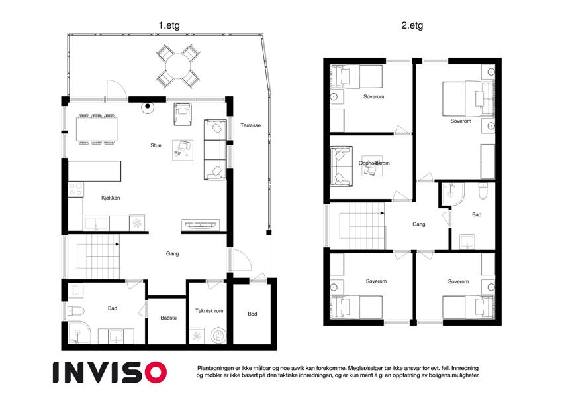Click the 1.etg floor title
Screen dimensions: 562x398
169,25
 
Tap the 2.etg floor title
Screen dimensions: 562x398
412,25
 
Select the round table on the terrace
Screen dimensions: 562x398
178,66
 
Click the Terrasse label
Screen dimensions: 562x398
250,125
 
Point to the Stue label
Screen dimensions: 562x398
156,145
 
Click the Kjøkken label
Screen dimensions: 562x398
111,198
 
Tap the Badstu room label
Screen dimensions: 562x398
168,318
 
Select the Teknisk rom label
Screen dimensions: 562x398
209,310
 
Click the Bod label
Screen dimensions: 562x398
252,314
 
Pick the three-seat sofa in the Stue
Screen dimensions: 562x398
215,150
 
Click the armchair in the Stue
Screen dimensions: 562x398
183,114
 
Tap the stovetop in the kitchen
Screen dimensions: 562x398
75,189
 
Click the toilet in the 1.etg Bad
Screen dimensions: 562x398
75,311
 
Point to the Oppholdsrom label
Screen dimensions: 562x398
374,163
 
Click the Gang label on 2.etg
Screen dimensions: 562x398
418,224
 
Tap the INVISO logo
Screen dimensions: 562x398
110,372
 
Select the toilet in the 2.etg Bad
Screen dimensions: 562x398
483,191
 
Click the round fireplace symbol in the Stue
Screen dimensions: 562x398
148,107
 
